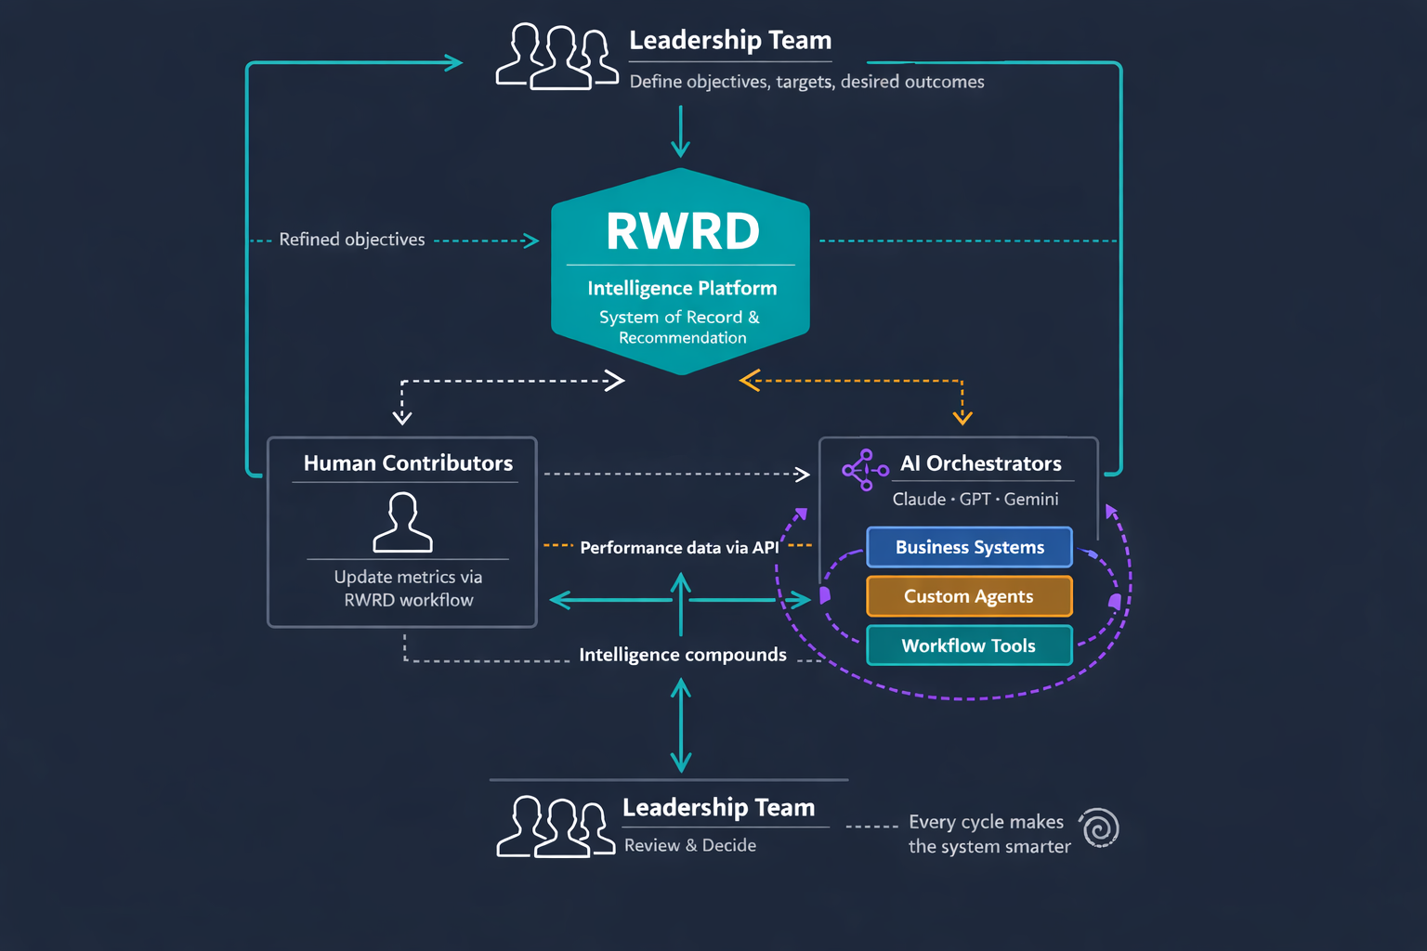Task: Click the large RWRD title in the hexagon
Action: click(x=683, y=231)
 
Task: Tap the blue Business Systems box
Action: click(x=969, y=547)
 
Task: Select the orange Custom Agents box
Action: click(x=969, y=596)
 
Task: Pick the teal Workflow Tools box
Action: click(x=969, y=645)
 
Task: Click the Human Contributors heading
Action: click(x=408, y=462)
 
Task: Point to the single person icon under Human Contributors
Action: click(x=402, y=523)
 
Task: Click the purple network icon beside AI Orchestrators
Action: click(x=864, y=470)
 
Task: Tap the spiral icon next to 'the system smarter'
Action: click(x=1100, y=827)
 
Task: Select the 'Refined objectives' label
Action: click(x=351, y=240)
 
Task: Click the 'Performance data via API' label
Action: click(x=679, y=547)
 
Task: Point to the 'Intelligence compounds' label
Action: click(x=683, y=655)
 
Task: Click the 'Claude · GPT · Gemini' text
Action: click(x=975, y=499)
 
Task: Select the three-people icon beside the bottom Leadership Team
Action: click(x=556, y=827)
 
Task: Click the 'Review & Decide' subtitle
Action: click(x=690, y=845)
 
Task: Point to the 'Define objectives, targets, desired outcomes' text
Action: click(x=806, y=82)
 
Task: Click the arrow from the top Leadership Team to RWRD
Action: click(x=681, y=132)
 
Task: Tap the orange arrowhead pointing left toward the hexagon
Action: click(x=750, y=381)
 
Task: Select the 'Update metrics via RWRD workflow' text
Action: click(x=408, y=588)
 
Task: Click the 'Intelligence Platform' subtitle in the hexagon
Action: click(x=682, y=289)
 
